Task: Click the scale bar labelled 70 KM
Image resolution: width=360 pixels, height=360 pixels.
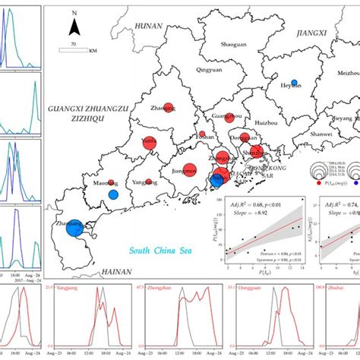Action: (74, 50)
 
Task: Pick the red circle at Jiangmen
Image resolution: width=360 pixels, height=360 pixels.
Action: (188, 169)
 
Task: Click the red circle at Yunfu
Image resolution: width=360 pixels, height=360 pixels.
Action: (150, 141)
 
